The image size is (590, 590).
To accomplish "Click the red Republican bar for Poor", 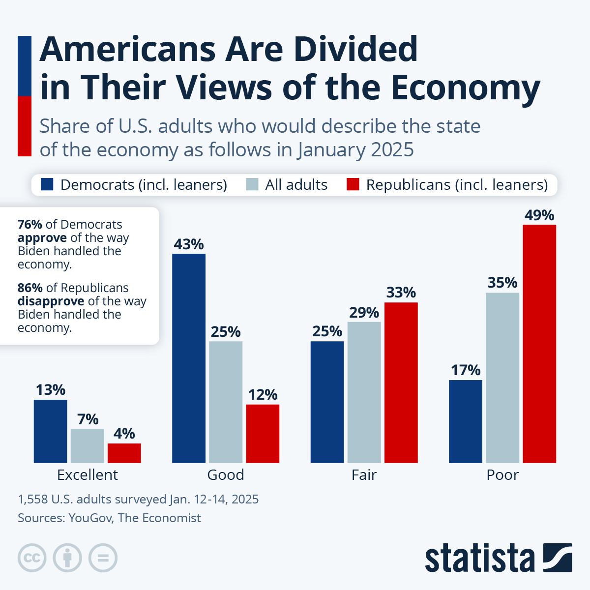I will coord(539,344).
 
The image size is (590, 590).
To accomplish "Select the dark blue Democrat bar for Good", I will coord(189,358).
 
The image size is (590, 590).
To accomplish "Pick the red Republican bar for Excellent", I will coord(124,453).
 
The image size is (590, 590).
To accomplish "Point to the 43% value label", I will coord(189,244).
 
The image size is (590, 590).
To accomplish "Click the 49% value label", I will coord(539,215).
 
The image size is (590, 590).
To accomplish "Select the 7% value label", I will coord(88,419).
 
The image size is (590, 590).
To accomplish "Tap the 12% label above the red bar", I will coord(263,395).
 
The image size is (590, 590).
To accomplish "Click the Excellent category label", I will coord(88,475).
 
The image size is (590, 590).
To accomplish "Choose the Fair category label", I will coord(364,475).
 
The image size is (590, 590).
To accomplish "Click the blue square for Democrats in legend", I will coord(47,184).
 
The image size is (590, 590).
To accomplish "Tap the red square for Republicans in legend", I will coord(353,184).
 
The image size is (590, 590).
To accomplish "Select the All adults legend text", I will coord(296,184).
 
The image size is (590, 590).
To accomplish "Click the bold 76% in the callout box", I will coord(30,225).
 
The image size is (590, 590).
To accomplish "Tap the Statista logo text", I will coord(480,559).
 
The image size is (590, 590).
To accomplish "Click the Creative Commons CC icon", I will coord(32,558).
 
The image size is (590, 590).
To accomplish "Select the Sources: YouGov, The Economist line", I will coord(109,518).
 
